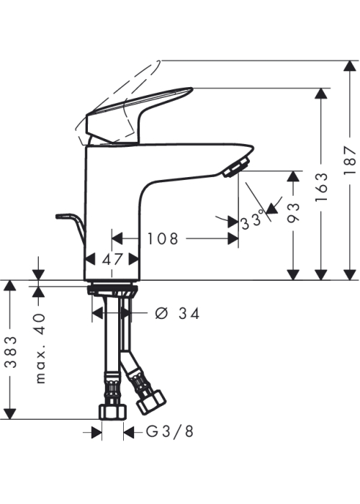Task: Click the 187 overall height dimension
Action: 350,160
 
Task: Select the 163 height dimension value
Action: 321,186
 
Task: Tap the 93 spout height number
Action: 293,212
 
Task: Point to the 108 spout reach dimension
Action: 162,239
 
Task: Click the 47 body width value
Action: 112,259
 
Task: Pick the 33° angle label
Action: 252,222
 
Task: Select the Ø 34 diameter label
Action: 177,313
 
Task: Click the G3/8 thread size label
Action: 170,431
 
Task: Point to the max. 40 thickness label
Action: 40,348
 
